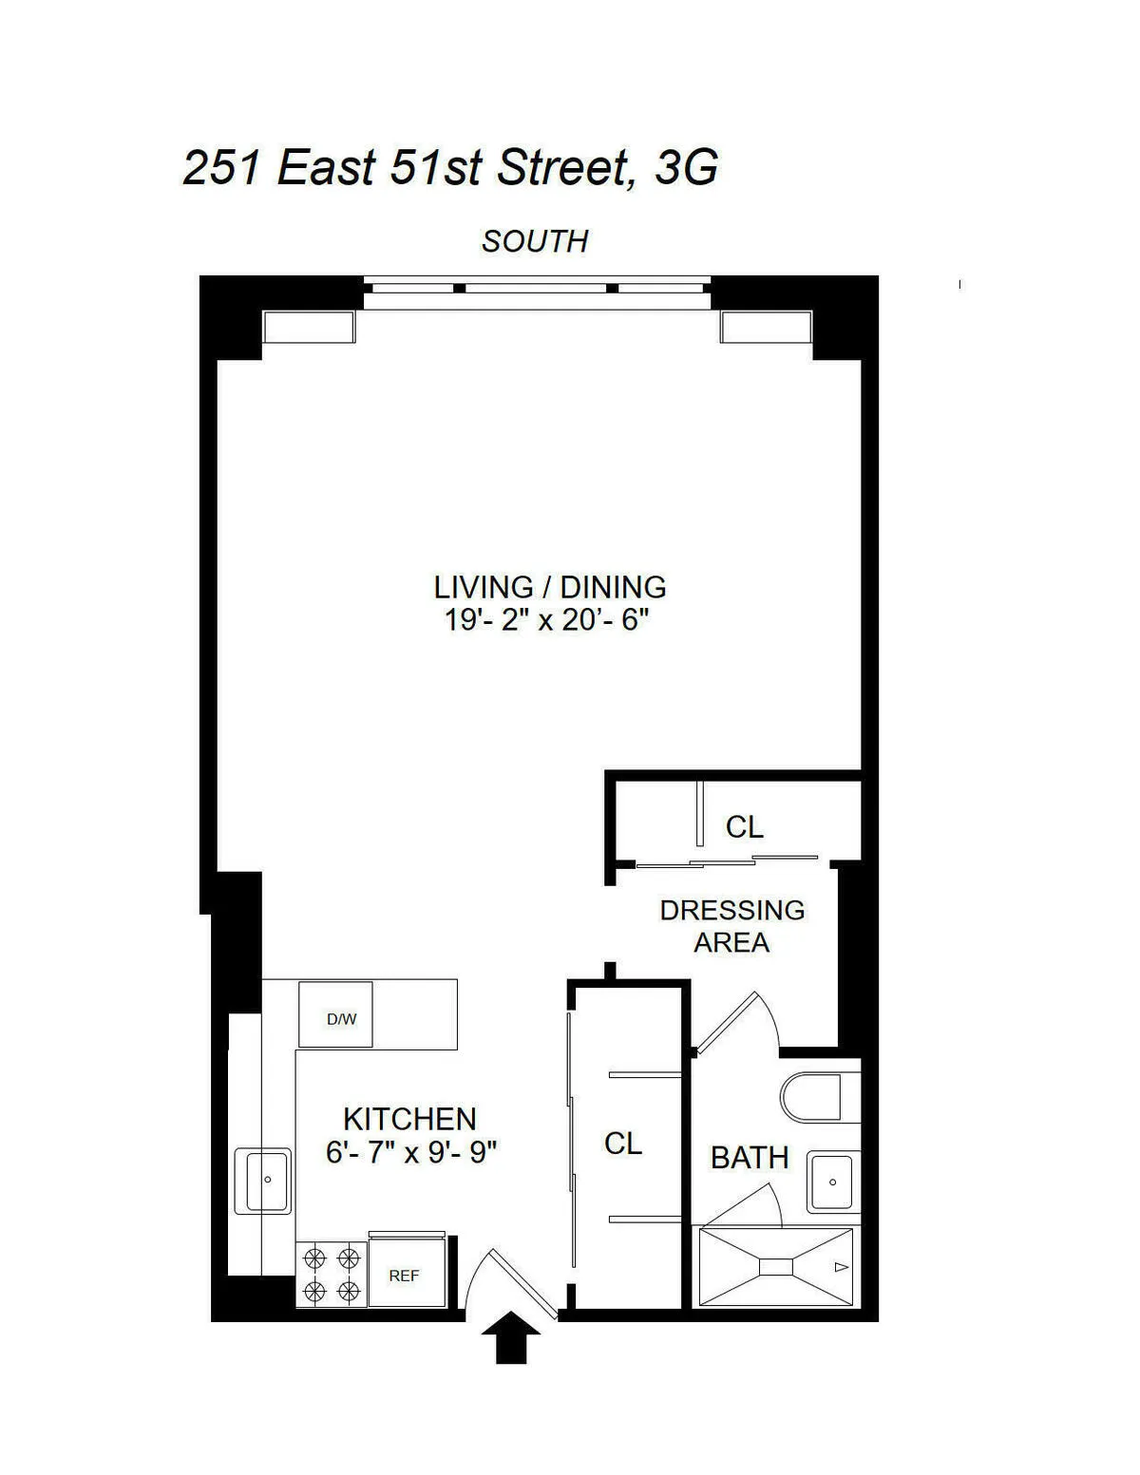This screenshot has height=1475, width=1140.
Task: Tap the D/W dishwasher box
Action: pyautogui.click(x=335, y=1015)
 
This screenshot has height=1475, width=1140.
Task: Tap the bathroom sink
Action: pyautogui.click(x=833, y=1182)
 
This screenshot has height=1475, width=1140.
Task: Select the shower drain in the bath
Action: pyautogui.click(x=776, y=1267)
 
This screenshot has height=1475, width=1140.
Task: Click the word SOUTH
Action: pyautogui.click(x=535, y=242)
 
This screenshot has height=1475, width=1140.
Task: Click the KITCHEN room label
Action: pyautogui.click(x=409, y=1119)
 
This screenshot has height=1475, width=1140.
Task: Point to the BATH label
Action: pyautogui.click(x=750, y=1158)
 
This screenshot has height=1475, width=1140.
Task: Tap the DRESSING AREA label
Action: pyautogui.click(x=731, y=926)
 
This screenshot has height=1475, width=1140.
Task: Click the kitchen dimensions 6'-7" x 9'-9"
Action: pyautogui.click(x=411, y=1153)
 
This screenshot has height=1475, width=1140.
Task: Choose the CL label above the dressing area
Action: pyautogui.click(x=744, y=827)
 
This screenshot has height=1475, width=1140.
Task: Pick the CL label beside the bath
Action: pyautogui.click(x=623, y=1144)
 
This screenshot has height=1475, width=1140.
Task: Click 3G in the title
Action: pyautogui.click(x=686, y=169)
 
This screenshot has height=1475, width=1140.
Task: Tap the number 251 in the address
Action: pyautogui.click(x=221, y=169)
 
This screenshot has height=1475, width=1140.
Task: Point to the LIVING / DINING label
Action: pyautogui.click(x=550, y=587)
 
